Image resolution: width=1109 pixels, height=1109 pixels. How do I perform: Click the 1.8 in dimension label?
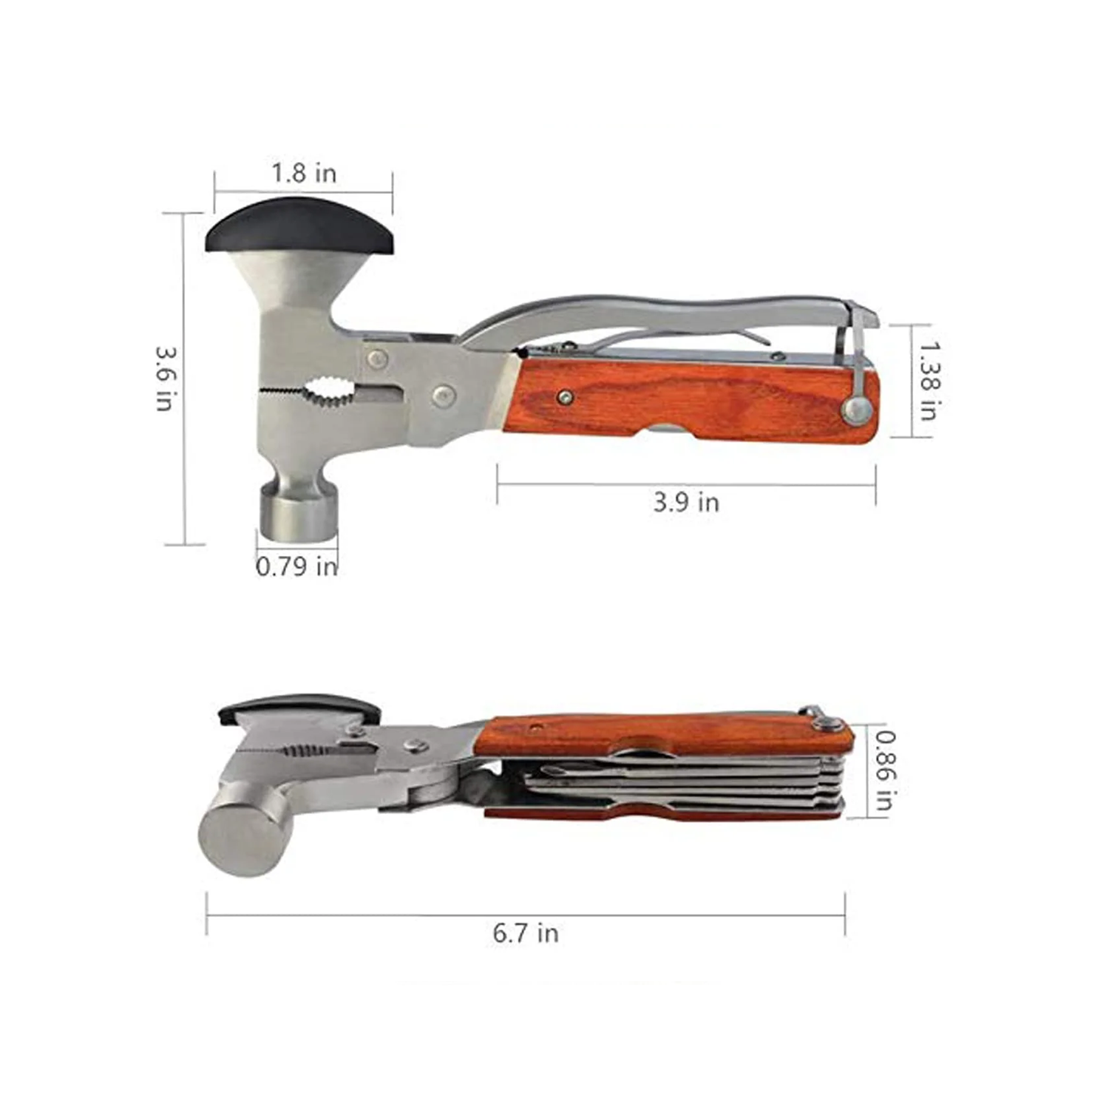[304, 173]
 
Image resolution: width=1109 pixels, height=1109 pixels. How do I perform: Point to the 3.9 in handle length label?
[686, 503]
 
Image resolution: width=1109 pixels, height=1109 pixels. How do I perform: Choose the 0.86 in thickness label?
[886, 770]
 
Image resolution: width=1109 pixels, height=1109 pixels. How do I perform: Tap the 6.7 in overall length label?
[526, 933]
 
